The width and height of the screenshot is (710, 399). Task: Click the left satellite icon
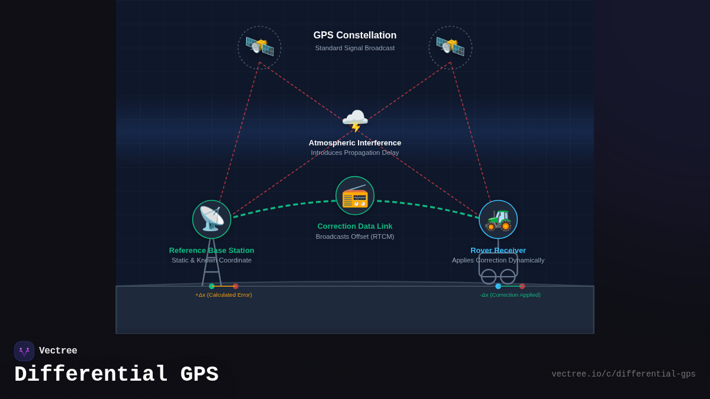(260, 47)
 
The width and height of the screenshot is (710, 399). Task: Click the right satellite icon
(450, 47)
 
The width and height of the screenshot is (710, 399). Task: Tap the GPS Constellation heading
(355, 35)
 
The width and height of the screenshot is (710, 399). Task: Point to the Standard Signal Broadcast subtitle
(355, 48)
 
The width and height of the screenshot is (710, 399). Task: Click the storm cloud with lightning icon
(355, 120)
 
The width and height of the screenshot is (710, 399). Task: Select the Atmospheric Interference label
(355, 142)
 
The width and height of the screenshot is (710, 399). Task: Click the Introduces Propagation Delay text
(355, 153)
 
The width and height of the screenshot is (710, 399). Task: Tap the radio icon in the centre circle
(355, 196)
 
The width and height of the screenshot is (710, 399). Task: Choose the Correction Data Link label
(355, 226)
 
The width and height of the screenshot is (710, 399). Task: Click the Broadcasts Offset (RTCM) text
(355, 236)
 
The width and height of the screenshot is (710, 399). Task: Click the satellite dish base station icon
(212, 219)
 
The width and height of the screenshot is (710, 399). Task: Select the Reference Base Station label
(212, 250)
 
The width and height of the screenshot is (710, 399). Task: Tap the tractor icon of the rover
(498, 219)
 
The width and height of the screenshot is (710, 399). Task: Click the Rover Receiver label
(498, 250)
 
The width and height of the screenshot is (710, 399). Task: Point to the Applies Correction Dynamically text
(498, 260)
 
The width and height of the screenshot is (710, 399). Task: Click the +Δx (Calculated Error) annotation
(224, 295)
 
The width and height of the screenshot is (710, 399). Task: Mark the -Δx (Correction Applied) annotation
(510, 295)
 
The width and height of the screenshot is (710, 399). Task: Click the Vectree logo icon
(24, 351)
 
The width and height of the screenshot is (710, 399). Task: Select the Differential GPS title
(117, 375)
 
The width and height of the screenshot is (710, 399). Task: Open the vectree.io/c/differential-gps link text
(624, 374)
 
